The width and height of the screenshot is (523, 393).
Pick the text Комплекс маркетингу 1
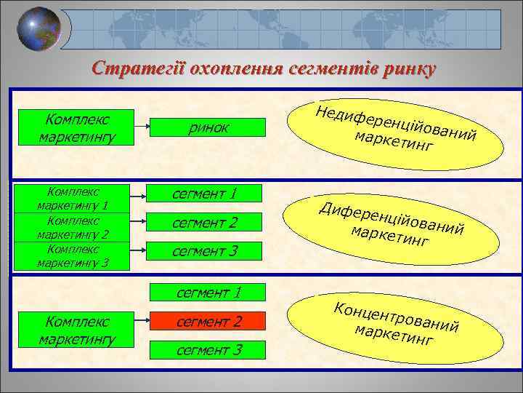tap(73, 199)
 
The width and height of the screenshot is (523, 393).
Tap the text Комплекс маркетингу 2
tap(73, 227)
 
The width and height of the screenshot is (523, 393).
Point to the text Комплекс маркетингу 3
tap(73, 255)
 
